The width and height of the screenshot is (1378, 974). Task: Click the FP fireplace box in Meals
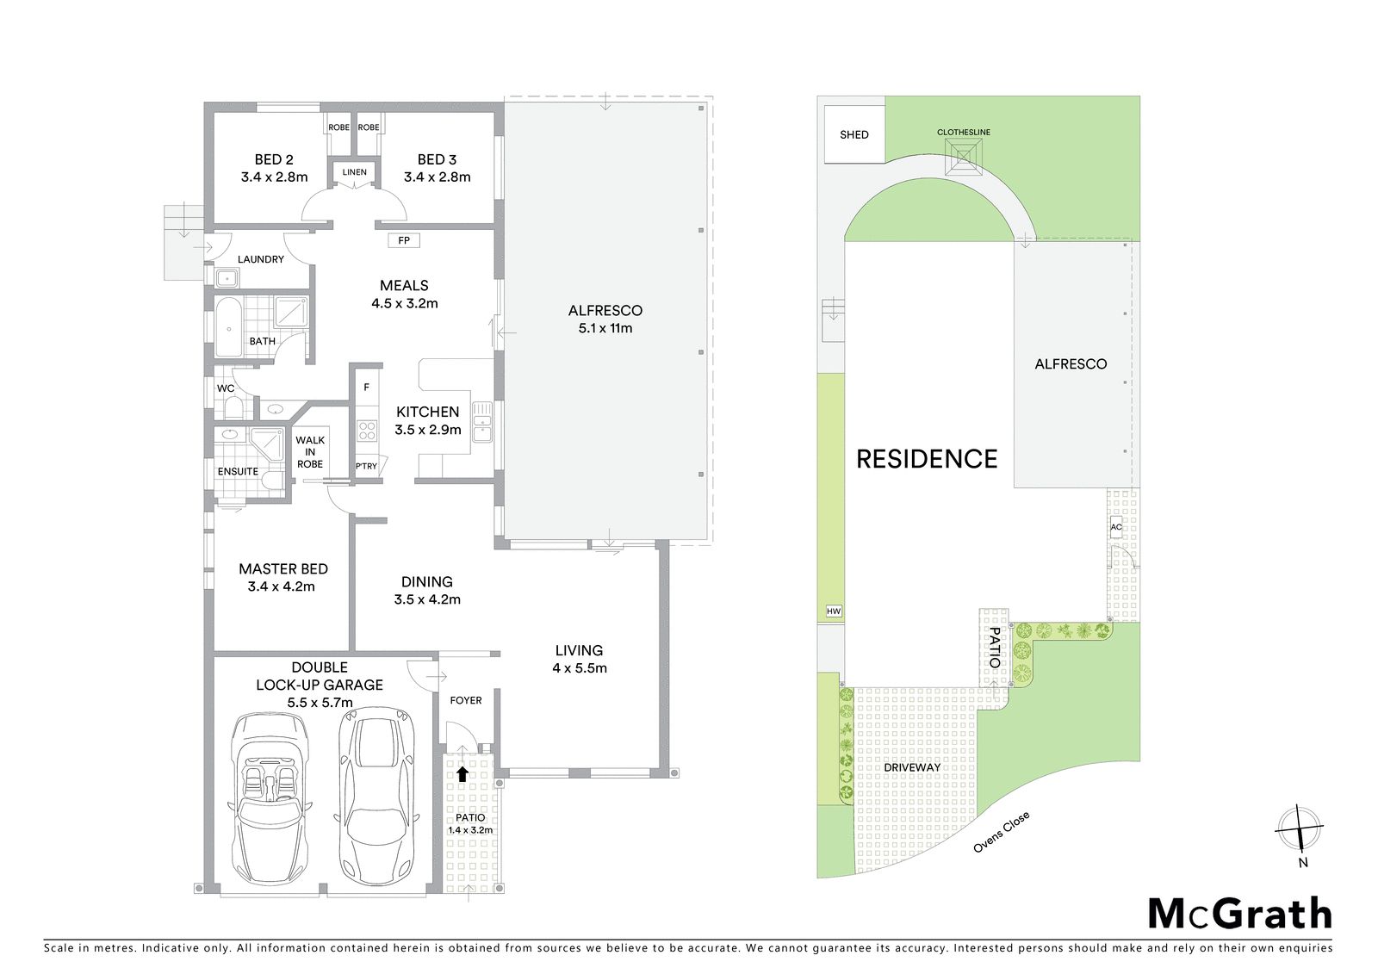click(x=404, y=240)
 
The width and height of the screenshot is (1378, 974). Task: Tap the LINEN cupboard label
click(x=354, y=172)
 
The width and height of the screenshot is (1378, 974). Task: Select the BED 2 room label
click(x=274, y=159)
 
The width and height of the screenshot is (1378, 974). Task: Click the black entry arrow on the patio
click(x=462, y=773)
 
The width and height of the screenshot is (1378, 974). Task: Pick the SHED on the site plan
click(x=853, y=134)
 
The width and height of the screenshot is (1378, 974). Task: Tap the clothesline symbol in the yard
click(x=964, y=157)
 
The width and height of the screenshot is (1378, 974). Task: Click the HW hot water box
click(x=834, y=611)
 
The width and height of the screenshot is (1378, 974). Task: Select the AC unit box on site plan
click(x=1116, y=527)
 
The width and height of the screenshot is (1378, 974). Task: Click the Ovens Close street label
click(x=1001, y=833)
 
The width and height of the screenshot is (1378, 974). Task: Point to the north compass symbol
click(x=1300, y=828)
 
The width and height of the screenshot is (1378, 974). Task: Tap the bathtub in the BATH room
click(x=229, y=328)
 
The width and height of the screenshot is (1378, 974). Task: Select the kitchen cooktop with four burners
click(x=367, y=431)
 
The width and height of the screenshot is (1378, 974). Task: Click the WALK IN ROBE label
click(x=310, y=452)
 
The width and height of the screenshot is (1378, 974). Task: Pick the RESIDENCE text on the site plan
click(x=927, y=459)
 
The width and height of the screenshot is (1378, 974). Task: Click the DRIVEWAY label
click(x=912, y=768)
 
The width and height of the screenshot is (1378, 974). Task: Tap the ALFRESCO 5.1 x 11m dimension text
click(x=605, y=328)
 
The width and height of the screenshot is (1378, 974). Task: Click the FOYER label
click(x=466, y=700)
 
